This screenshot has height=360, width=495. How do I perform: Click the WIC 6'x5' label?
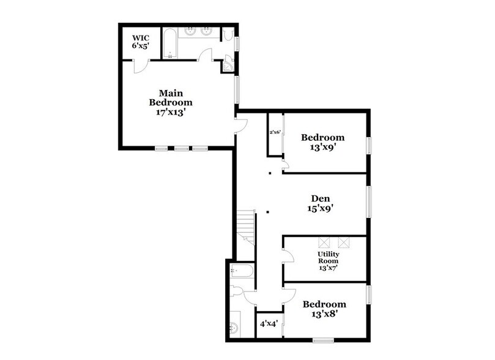[139, 41]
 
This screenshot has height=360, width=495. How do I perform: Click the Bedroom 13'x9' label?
[322, 142]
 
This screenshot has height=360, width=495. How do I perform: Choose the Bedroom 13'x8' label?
[324, 309]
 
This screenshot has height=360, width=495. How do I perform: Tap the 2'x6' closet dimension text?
[275, 132]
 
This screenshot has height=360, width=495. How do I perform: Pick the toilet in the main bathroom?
[228, 36]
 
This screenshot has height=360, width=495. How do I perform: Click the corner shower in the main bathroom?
[229, 61]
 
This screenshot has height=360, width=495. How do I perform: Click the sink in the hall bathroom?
[233, 328]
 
